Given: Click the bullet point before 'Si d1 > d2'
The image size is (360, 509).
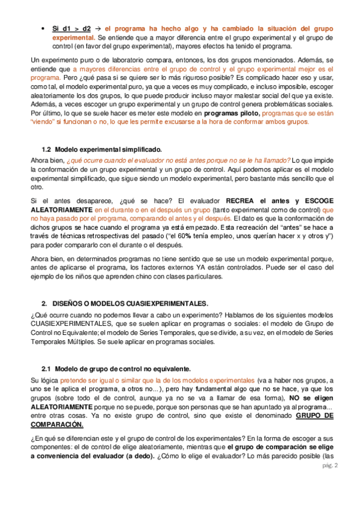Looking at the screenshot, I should pos(42,28).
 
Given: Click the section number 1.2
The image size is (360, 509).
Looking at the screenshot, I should pos(46,149).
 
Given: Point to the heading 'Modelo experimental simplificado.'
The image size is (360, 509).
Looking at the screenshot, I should pos(109,149).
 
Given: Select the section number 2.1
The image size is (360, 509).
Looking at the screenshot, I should pos(46,368).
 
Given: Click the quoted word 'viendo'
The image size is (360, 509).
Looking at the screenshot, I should pos(42,122).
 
